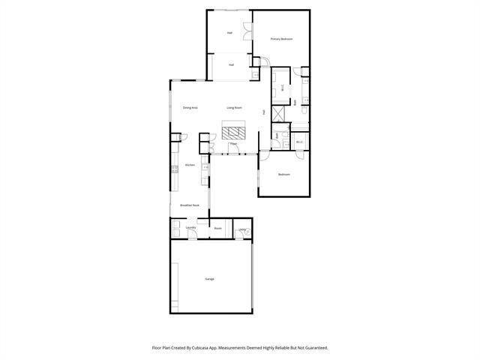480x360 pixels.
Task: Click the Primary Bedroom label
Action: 281,38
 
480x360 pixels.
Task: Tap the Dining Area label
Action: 190,108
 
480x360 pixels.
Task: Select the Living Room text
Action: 234,108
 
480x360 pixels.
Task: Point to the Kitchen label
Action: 190,165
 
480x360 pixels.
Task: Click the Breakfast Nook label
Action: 189,205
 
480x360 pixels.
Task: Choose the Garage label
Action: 209,279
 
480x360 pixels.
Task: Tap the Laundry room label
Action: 190,227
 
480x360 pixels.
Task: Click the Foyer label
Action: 233,143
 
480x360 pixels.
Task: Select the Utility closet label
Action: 242,229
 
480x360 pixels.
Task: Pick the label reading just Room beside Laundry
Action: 217,228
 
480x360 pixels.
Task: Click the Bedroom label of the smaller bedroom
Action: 283,175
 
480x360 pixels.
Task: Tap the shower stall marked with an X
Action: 278,114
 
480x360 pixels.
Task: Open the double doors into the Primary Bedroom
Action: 257,63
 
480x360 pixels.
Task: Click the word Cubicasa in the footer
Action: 196,348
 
